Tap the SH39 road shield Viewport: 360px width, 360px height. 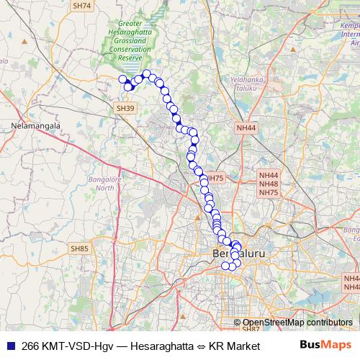point(125,108)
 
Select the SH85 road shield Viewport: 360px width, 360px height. point(79,248)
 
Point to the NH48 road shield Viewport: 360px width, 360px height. point(269,184)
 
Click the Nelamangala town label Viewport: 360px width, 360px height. point(34,125)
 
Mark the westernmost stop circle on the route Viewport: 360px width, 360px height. point(122,79)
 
